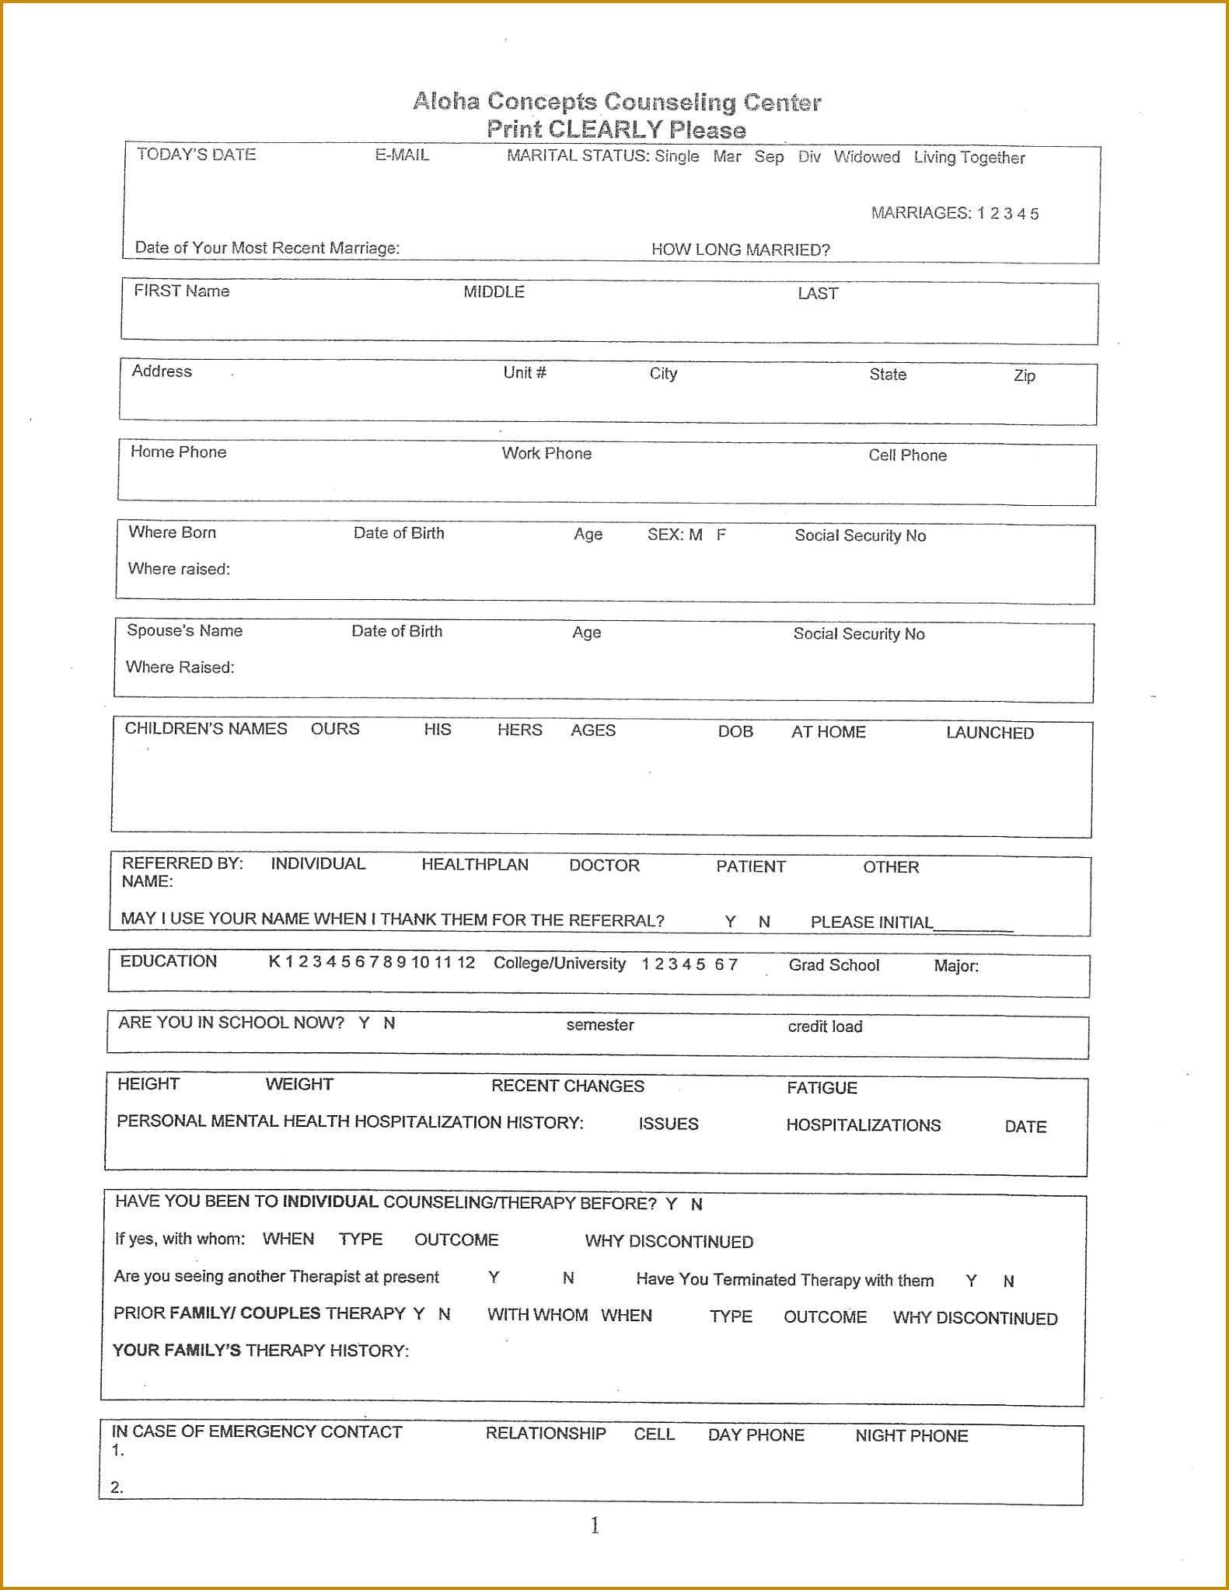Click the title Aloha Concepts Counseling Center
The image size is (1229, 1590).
click(616, 102)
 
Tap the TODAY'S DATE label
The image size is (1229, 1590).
click(196, 155)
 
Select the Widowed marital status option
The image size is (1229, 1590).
click(866, 157)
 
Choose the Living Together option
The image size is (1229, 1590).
click(969, 158)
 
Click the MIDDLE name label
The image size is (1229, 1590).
click(494, 292)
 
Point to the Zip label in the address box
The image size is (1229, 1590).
click(1024, 376)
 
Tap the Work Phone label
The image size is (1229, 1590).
click(546, 454)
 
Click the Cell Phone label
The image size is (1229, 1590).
click(906, 455)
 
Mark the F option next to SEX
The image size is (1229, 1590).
click(721, 535)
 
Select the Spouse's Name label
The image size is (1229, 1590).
click(184, 631)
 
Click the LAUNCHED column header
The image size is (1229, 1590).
click(989, 733)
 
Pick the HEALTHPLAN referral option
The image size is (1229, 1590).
click(474, 865)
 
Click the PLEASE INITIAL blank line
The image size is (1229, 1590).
click(972, 925)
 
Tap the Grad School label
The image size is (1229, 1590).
click(833, 965)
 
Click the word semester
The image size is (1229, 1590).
click(599, 1025)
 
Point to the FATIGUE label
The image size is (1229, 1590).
click(821, 1088)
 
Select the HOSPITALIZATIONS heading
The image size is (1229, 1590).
click(863, 1125)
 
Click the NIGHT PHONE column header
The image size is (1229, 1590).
click(911, 1436)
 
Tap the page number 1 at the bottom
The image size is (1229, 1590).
click(595, 1526)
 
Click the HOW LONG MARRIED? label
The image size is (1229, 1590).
click(740, 250)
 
